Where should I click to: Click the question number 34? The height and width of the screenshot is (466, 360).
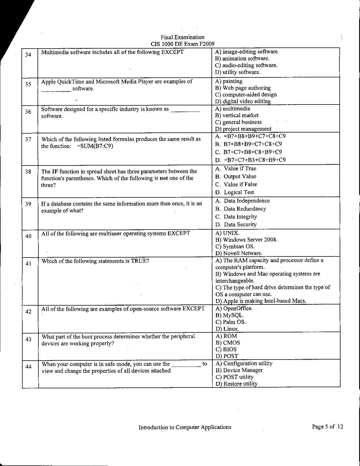(x=28, y=55)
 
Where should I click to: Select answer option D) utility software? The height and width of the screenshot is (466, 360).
(x=237, y=72)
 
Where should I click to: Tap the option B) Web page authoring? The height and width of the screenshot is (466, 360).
(x=243, y=88)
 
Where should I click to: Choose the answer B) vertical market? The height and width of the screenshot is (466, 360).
(x=237, y=115)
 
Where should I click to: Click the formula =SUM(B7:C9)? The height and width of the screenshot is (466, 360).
(x=95, y=146)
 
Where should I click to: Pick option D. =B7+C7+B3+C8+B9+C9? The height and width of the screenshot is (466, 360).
(x=250, y=160)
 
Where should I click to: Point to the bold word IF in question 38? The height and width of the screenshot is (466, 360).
(x=55, y=171)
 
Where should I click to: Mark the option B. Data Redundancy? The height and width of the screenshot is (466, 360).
(x=241, y=209)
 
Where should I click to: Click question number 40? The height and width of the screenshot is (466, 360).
(x=28, y=236)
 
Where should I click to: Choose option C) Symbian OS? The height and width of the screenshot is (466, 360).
(x=235, y=247)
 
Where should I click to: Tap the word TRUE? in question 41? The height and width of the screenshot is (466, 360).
(x=140, y=261)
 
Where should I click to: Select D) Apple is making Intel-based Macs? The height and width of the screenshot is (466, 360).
(x=261, y=301)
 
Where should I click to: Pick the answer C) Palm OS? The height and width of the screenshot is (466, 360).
(x=230, y=322)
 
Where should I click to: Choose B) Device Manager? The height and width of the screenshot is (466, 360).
(x=239, y=370)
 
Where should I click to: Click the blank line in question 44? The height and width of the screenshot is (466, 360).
(x=186, y=366)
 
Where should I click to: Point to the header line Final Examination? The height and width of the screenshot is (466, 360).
(x=182, y=37)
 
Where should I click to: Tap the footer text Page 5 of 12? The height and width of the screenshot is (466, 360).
(x=328, y=427)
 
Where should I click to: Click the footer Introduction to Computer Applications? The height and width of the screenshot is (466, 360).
(x=185, y=427)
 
